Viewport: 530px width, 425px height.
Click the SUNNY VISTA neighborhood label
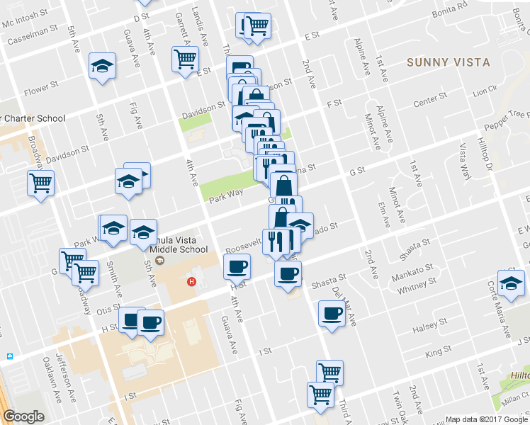tap(449, 62)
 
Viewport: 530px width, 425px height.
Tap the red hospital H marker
tap(190, 282)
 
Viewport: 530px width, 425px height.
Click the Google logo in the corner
tap(23, 416)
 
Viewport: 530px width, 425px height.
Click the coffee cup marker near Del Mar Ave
tap(331, 314)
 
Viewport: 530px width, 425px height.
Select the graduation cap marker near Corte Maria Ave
tap(510, 283)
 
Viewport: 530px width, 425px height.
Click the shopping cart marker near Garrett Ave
tap(185, 60)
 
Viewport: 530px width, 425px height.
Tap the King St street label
tap(438, 351)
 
